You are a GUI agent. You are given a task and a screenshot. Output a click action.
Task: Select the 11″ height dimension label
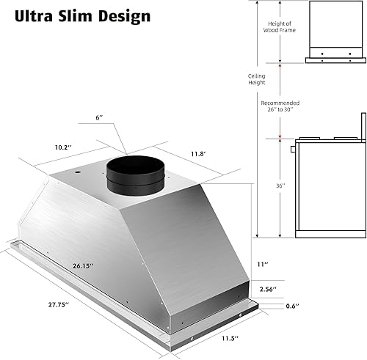point(262,264)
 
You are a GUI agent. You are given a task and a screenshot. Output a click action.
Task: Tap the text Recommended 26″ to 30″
point(280,107)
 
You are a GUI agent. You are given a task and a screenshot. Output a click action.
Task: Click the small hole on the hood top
point(76,172)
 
